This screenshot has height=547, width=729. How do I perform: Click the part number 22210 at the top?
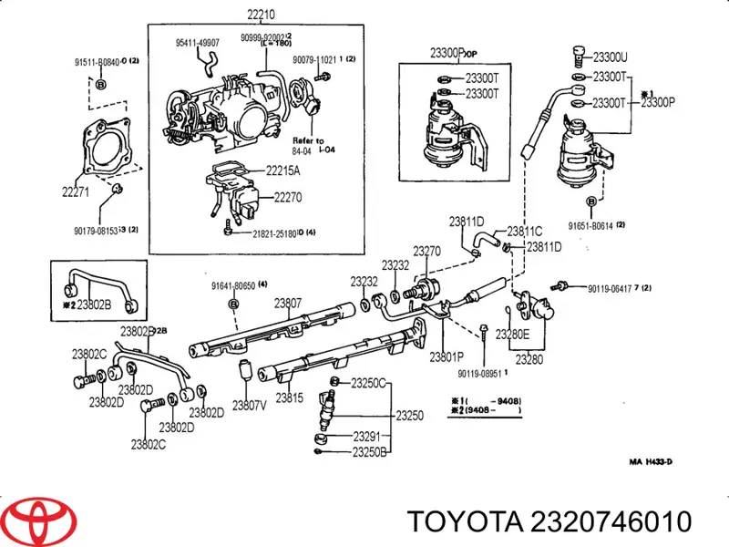[x=261, y=14]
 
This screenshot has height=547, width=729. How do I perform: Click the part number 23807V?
[x=250, y=406]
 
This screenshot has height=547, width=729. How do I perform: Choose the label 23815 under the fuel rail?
[x=290, y=397]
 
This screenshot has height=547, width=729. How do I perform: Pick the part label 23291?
[x=367, y=435]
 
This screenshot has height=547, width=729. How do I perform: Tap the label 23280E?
[x=512, y=334]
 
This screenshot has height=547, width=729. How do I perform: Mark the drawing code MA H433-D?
[x=652, y=461]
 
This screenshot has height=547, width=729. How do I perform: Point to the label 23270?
[x=427, y=250]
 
